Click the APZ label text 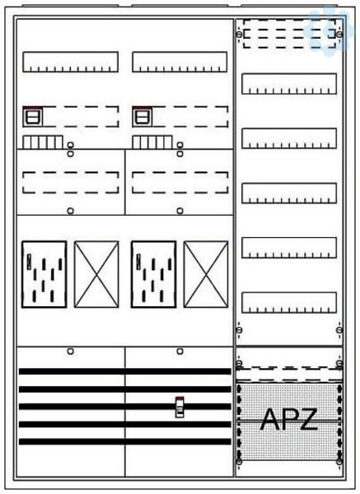(x=289, y=419)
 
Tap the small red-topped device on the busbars (x=180, y=407)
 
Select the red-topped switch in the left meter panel (x=33, y=117)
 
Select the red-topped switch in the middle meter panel (x=143, y=117)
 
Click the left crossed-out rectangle (x=96, y=274)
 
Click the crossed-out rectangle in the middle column (x=206, y=274)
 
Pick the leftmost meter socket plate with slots (x=44, y=274)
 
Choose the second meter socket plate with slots (x=153, y=274)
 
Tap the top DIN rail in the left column (x=70, y=62)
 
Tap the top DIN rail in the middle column (x=180, y=62)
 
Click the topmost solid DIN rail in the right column (x=289, y=84)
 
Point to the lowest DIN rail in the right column (x=289, y=303)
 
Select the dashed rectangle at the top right (x=289, y=34)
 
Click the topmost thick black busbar (x=125, y=371)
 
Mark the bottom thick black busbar (x=125, y=441)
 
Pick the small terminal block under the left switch (x=43, y=142)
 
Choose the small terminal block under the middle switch (x=152, y=142)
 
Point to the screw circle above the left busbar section (x=71, y=351)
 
